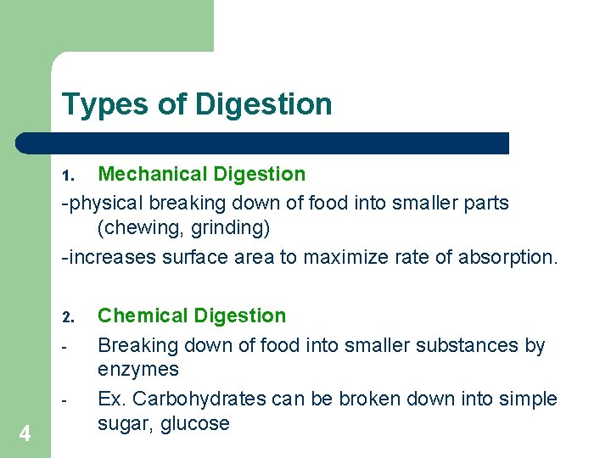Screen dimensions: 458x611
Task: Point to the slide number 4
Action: pyautogui.click(x=25, y=434)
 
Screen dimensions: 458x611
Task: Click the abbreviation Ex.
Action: pyautogui.click(x=112, y=399)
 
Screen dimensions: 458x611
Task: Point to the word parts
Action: pyautogui.click(x=485, y=204)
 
